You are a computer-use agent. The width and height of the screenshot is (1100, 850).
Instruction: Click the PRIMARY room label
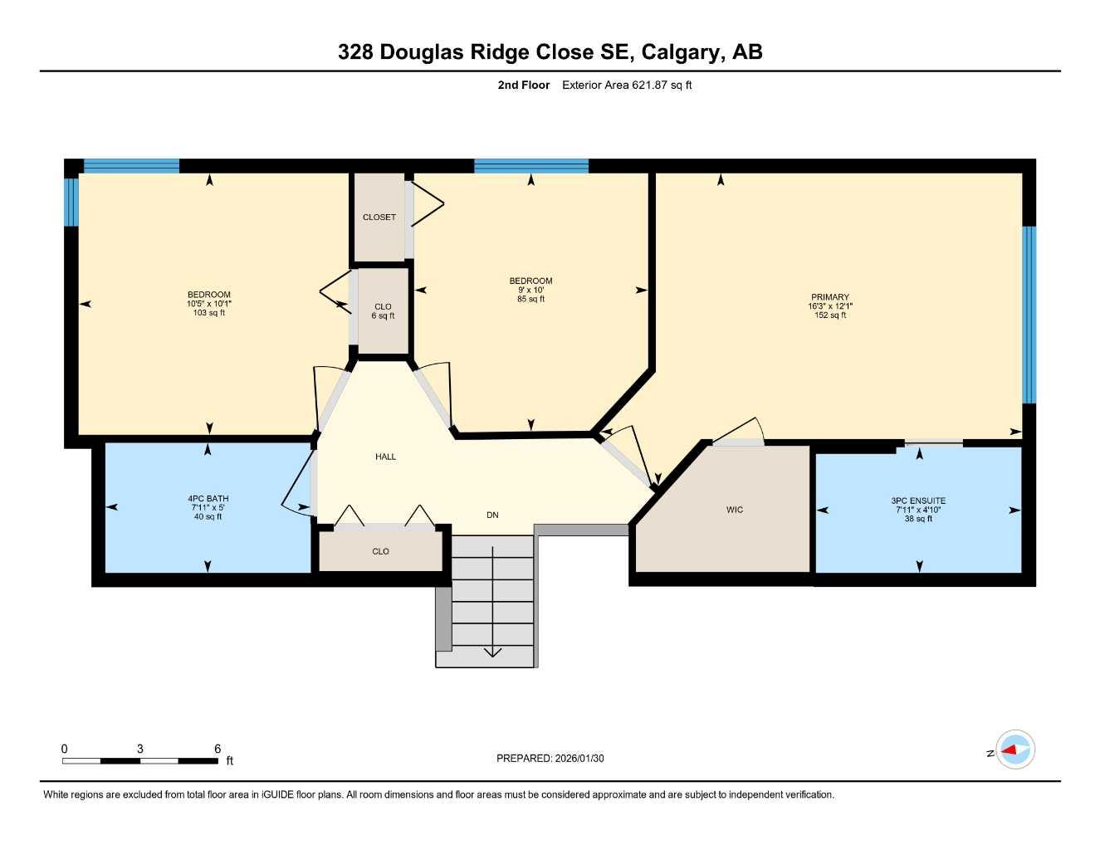pos(829,297)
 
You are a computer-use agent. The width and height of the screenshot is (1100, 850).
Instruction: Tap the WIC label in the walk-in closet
pos(734,510)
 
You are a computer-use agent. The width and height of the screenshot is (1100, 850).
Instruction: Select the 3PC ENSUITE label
pos(918,501)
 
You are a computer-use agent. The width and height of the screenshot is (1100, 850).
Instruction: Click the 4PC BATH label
pos(208,499)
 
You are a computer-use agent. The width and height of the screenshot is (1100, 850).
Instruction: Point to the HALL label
pos(385,457)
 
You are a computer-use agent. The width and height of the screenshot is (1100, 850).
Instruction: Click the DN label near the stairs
pos(492,515)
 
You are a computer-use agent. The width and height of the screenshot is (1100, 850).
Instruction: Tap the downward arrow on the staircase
pos(493,650)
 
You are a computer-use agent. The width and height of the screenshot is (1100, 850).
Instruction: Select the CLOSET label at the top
pos(379,217)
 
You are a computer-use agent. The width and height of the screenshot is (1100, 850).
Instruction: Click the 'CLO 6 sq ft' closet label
pos(383,311)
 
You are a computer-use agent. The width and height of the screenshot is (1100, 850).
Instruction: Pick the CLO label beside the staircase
pos(380,551)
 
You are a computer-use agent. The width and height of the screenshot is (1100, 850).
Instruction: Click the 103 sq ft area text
pos(209,313)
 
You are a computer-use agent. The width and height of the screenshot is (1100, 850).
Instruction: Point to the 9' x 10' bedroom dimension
pos(530,290)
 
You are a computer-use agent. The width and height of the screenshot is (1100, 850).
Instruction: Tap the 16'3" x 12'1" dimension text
pos(829,306)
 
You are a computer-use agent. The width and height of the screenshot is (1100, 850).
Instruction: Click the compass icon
pos(1014,750)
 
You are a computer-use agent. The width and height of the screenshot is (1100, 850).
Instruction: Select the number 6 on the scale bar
pos(218,749)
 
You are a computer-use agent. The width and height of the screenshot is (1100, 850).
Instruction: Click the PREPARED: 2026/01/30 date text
pos(550,758)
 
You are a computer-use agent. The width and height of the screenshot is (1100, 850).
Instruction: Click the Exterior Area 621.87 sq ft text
pos(627,85)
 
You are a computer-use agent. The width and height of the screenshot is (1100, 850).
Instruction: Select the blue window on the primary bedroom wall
pos(1029,315)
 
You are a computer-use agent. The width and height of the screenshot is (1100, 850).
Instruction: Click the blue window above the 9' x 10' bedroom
pos(530,166)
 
